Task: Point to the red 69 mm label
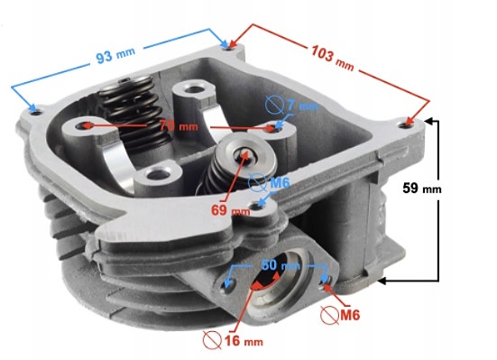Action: pos(230,209)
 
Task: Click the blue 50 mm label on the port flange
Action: pos(280,267)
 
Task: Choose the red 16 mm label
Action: pos(245,341)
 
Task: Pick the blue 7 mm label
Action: pos(302,107)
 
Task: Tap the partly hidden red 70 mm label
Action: pos(178,125)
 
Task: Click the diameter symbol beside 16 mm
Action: pos(214,341)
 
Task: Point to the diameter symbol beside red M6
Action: pos(331,314)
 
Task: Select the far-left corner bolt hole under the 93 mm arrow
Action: pos(35,110)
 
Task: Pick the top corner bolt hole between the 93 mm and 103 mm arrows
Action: pos(225,44)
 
